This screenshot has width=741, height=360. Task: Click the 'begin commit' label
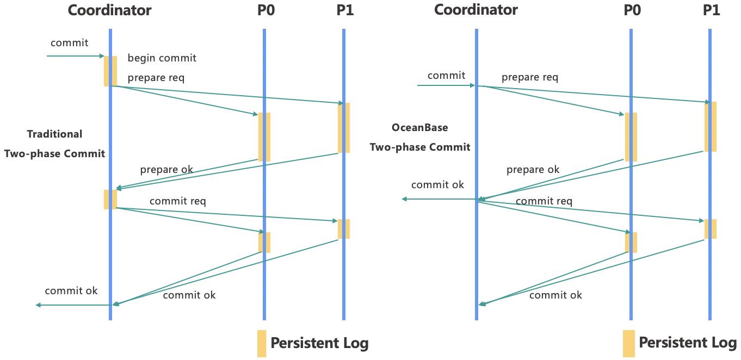[162, 58]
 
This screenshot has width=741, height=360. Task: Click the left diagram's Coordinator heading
[109, 10]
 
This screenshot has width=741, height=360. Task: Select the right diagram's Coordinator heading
[476, 10]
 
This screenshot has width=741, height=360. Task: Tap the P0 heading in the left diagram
[266, 10]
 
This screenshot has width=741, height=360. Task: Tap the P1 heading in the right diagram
[711, 10]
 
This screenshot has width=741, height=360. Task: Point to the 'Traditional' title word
[54, 134]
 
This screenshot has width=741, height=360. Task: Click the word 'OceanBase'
[420, 128]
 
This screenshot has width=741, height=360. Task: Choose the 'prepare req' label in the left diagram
[156, 78]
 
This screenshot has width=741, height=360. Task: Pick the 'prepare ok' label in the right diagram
[533, 169]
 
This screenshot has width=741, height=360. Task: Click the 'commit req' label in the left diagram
[177, 201]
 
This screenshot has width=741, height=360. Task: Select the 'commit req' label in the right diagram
[544, 201]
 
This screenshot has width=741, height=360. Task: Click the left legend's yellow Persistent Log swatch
[262, 343]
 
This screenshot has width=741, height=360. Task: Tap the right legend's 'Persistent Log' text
[687, 343]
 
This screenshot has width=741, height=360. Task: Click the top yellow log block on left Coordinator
[110, 71]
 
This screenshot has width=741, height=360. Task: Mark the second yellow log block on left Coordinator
[110, 199]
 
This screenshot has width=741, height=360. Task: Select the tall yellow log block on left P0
[264, 136]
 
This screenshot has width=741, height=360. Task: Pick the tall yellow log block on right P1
[711, 127]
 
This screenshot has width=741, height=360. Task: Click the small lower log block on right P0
[631, 242]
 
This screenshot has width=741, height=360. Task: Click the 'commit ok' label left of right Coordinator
[437, 185]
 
